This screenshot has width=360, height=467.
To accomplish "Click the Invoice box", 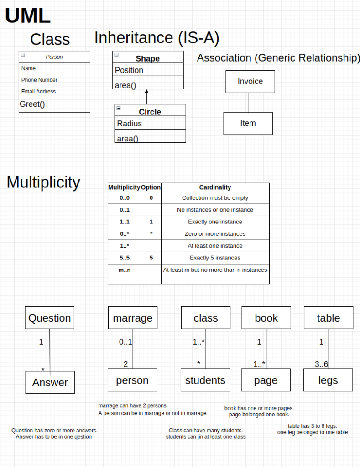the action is point(250,82).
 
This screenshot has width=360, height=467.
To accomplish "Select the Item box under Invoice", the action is point(248,123).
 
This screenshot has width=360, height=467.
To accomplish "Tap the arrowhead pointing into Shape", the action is point(146,91).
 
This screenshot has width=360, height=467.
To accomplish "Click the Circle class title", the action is point(150,112).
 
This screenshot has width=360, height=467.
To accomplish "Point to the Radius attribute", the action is point(129,124).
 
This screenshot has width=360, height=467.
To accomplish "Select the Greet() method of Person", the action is point(32,104).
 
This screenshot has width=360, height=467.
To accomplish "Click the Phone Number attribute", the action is point(39,80).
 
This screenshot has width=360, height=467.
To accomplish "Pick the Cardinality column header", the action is point(215,187).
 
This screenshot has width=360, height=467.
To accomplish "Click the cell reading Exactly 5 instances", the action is point(215,258).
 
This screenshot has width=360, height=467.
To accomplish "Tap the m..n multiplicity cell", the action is point(125,270).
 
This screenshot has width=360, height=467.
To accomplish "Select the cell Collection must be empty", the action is point(215,198).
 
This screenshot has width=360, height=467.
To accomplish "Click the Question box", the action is point(49,318).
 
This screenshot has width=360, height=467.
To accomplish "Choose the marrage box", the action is point(133,318).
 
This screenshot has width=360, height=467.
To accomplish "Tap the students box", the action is point(205,380).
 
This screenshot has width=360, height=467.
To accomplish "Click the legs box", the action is point(328,380).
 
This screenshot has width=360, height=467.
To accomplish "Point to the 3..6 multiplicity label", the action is point(321,364).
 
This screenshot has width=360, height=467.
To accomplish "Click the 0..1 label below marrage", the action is point(125,342).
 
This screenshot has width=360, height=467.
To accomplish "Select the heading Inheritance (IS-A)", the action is point(157,38).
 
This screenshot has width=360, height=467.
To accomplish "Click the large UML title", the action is point(28,16).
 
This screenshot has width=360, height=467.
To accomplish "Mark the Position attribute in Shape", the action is point(129,70).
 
